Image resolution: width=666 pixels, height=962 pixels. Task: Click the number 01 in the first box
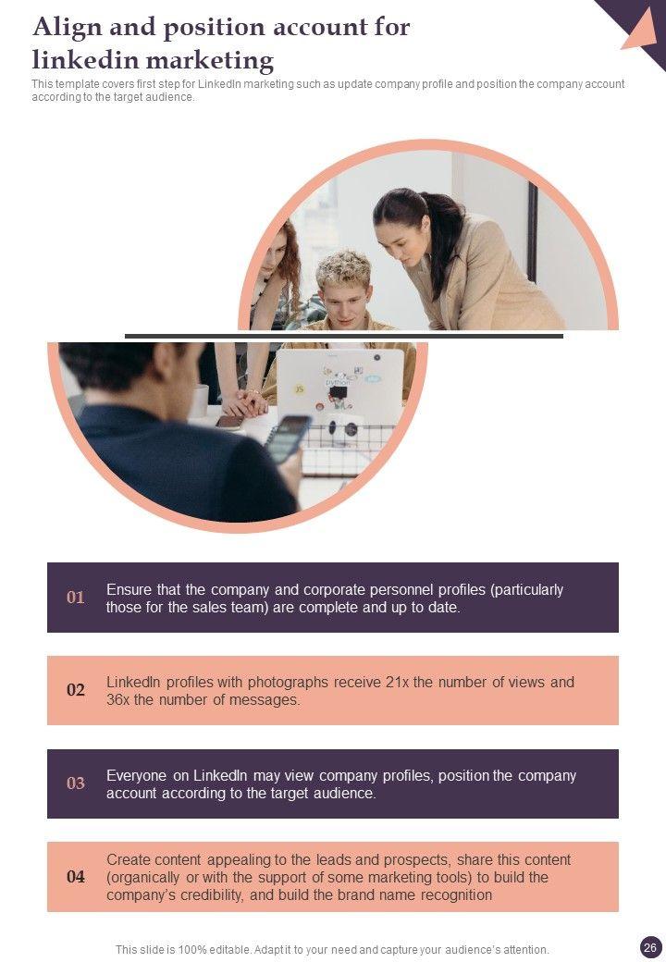pos(76,597)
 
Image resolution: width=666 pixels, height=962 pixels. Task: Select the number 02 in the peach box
pos(76,690)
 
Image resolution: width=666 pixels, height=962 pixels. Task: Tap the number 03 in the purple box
pos(76,783)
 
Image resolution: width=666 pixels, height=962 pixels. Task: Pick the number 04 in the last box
pos(76,877)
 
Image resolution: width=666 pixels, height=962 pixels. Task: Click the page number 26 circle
pos(650,948)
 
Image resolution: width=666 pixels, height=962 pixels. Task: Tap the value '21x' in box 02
pos(398,683)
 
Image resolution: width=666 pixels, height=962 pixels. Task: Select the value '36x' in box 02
pos(117,700)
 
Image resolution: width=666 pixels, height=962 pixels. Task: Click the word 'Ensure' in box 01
pos(129,589)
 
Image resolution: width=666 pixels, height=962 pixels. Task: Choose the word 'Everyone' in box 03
pos(136,776)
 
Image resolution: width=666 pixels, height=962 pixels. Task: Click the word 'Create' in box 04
pos(127,860)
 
